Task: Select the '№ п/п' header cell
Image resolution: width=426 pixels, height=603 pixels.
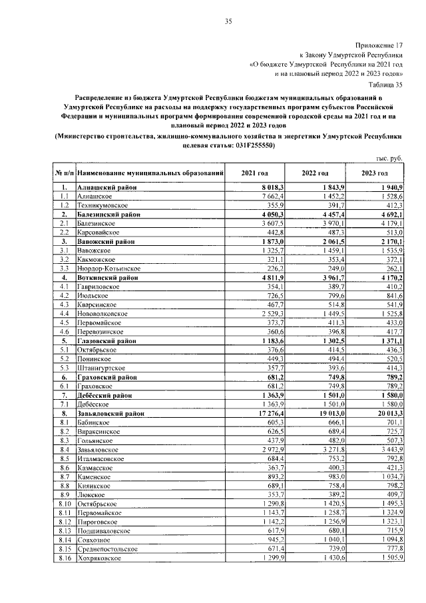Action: click(65, 173)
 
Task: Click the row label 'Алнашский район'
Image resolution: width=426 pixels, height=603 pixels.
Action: click(106, 189)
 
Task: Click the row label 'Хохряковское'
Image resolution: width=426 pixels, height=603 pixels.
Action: click(100, 558)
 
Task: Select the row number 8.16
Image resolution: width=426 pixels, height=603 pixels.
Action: click(65, 558)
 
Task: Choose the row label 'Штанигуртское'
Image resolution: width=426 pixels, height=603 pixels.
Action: click(103, 366)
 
